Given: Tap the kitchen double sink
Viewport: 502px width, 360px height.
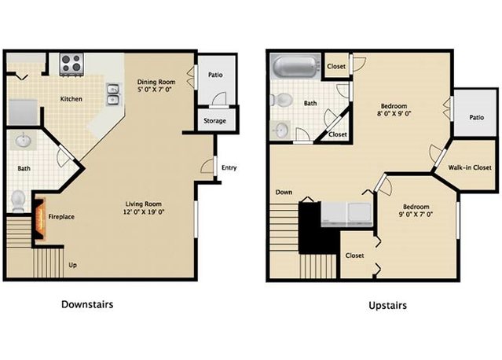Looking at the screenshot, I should pyautogui.click(x=113, y=94).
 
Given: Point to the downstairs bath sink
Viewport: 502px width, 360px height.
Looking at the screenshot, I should pyautogui.click(x=23, y=142).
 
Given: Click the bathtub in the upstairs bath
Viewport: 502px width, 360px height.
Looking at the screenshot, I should pyautogui.click(x=295, y=67).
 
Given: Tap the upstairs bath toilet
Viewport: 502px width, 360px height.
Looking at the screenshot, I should pyautogui.click(x=280, y=101).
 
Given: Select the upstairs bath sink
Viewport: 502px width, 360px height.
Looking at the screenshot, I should pyautogui.click(x=280, y=130).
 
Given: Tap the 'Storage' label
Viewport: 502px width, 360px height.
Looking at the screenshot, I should pyautogui.click(x=214, y=121).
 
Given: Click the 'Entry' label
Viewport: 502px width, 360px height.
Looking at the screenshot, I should pyautogui.click(x=229, y=167).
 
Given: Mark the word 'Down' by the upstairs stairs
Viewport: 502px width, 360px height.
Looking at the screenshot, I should pyautogui.click(x=284, y=192).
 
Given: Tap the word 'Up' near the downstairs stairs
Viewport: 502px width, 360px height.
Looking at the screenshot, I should pyautogui.click(x=73, y=265).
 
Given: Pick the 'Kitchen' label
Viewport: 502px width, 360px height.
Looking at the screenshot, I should pyautogui.click(x=73, y=99).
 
